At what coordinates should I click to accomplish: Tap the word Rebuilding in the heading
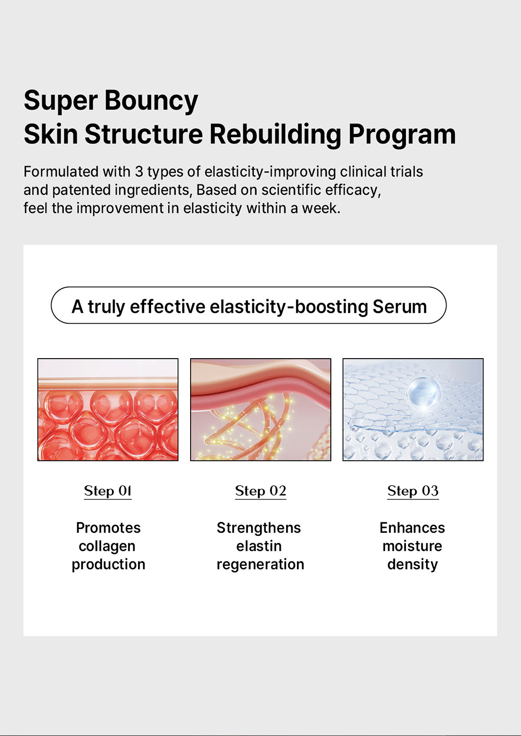[x=275, y=134]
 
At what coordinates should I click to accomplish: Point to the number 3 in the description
[x=139, y=172]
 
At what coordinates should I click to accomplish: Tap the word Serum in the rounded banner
[x=400, y=306]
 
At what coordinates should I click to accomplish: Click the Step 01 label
[x=108, y=491]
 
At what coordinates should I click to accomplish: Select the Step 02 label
[x=260, y=491]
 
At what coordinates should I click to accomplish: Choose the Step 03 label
[x=413, y=491]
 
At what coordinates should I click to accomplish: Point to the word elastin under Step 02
[x=259, y=546]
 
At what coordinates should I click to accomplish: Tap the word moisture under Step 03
[x=412, y=546]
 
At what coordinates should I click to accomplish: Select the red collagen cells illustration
[x=108, y=409]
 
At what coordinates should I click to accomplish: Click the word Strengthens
[x=258, y=528]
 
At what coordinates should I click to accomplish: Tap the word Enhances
[x=412, y=528]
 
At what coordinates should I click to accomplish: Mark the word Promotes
[x=108, y=528]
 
